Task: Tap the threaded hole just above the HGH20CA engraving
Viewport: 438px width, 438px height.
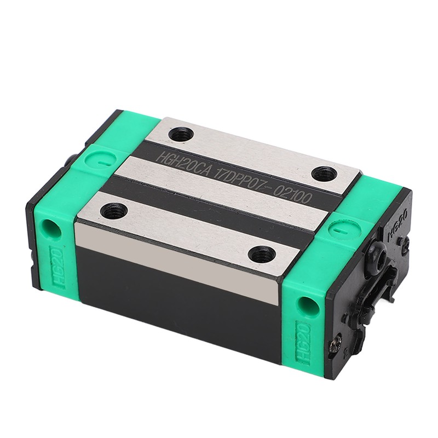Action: (181, 134)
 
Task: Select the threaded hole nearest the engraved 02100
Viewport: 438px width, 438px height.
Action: (324, 174)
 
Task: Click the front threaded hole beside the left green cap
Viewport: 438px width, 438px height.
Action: (114, 211)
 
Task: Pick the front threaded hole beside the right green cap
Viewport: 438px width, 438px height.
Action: (262, 254)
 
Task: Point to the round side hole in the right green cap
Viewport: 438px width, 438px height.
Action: (309, 306)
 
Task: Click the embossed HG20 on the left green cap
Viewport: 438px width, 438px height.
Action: (57, 267)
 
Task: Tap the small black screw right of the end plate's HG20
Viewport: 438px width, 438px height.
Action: (404, 241)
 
